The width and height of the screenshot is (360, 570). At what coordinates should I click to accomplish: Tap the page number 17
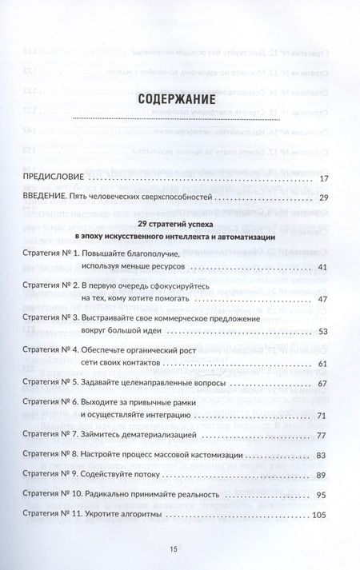coord(322,179)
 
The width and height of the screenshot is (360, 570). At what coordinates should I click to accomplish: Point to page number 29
coord(322,197)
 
